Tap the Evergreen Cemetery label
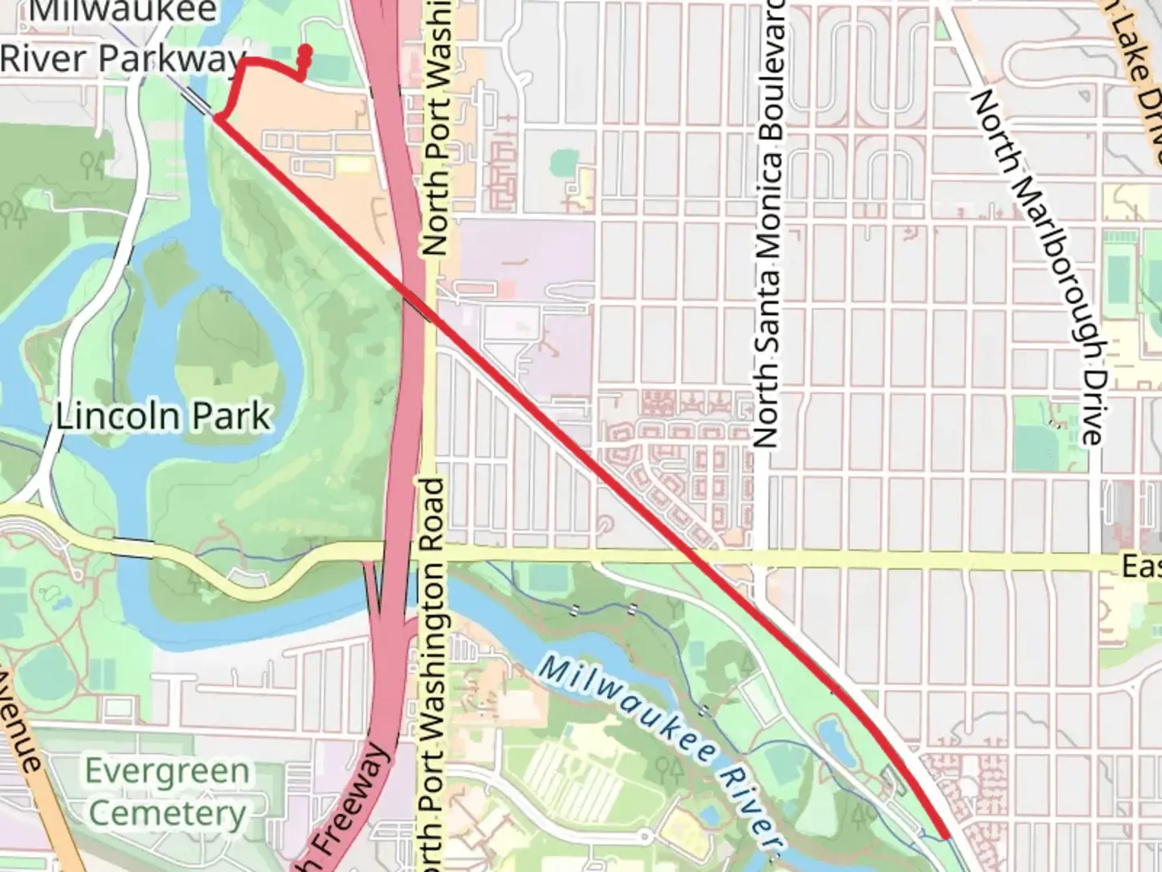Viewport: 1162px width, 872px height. pyautogui.click(x=167, y=791)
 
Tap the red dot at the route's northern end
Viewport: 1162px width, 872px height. pyautogui.click(x=305, y=51)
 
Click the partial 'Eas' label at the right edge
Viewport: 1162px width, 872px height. pyautogui.click(x=1141, y=566)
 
